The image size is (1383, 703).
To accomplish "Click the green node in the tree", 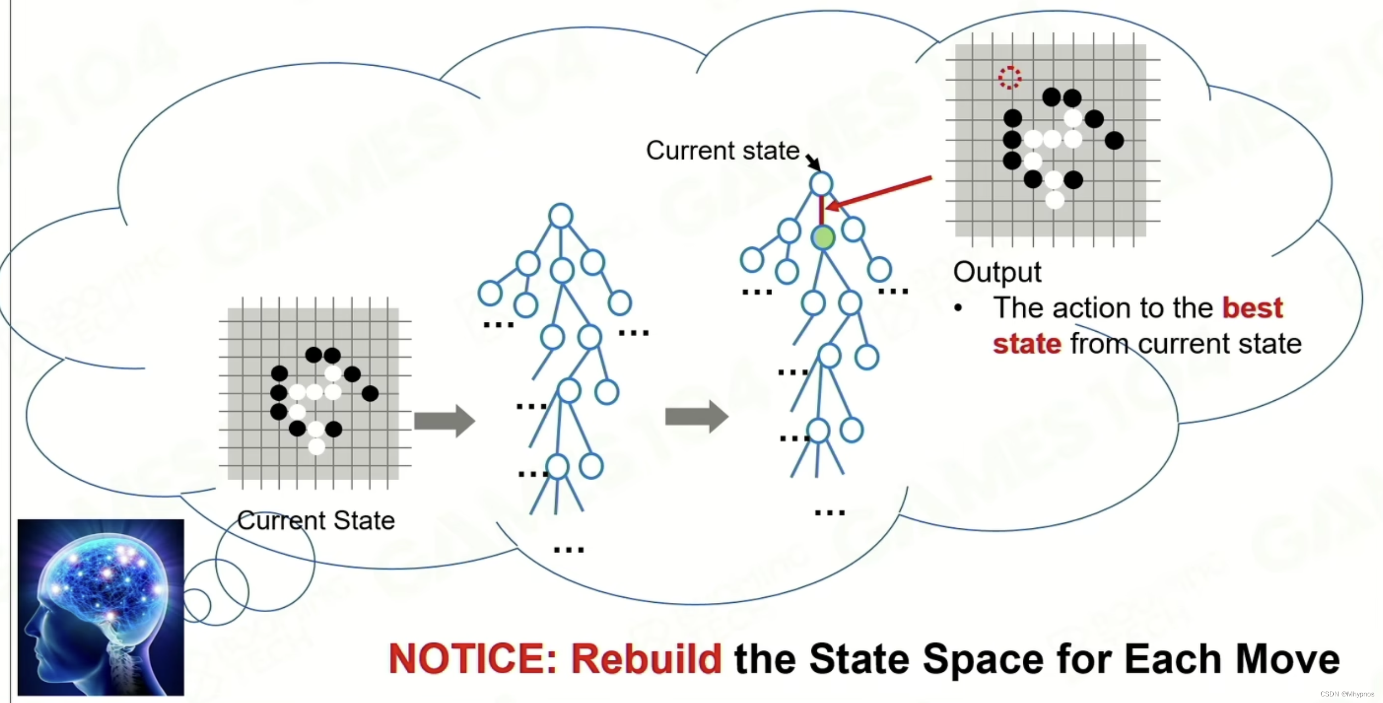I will tap(823, 238).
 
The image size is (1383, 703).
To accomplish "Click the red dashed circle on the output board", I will tap(1010, 77).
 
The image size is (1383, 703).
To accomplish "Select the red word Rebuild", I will tap(647, 658).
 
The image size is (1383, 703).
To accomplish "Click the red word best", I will tap(1253, 308).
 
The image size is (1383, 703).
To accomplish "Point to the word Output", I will tap(997, 272).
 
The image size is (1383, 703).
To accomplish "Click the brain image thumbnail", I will tap(101, 607).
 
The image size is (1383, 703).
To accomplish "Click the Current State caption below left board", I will tap(316, 521).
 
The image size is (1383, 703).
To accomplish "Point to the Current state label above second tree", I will tap(723, 151).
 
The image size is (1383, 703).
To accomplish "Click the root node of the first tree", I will tap(561, 216).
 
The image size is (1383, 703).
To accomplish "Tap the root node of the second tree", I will tap(821, 184).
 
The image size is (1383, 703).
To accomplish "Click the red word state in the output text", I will tap(1027, 344).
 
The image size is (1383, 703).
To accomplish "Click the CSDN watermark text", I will tap(1347, 694).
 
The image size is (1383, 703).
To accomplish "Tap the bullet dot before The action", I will tap(958, 308).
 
